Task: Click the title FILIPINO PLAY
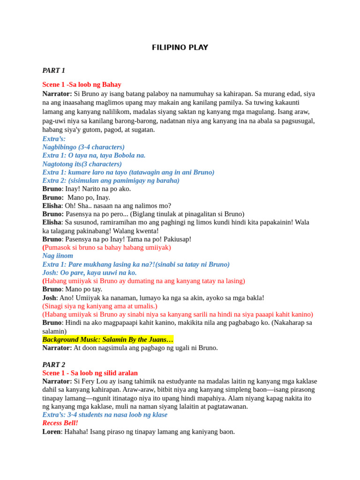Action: click(180, 47)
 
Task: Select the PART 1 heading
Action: click(53, 70)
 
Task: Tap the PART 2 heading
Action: click(53, 364)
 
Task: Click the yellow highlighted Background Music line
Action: click(108, 339)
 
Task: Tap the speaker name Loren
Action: click(51, 431)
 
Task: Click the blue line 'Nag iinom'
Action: click(58, 256)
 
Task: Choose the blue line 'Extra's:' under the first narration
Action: click(54, 139)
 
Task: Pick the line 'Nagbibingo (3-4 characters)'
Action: click(83, 147)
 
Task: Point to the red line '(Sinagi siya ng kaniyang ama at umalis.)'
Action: click(100, 306)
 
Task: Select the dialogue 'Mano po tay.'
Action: click(84, 289)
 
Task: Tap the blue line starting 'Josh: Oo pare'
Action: click(90, 272)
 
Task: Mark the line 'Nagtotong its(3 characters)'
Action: click(82, 164)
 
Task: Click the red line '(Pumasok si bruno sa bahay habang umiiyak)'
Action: click(107, 247)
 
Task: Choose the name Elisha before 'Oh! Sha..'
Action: click(52, 205)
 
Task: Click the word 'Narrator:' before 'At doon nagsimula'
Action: click(57, 348)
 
